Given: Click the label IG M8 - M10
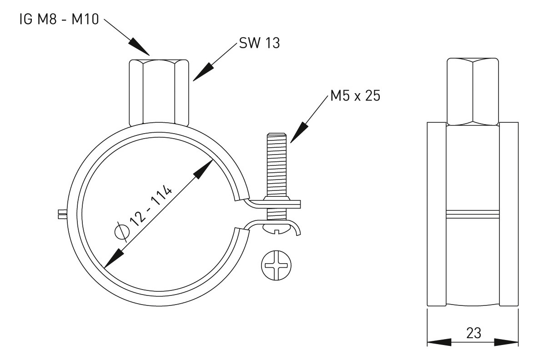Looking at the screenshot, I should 58,20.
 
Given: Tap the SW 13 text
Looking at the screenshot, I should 259,44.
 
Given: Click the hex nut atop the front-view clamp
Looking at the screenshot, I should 159,92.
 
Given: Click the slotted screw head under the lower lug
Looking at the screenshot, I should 277,228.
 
